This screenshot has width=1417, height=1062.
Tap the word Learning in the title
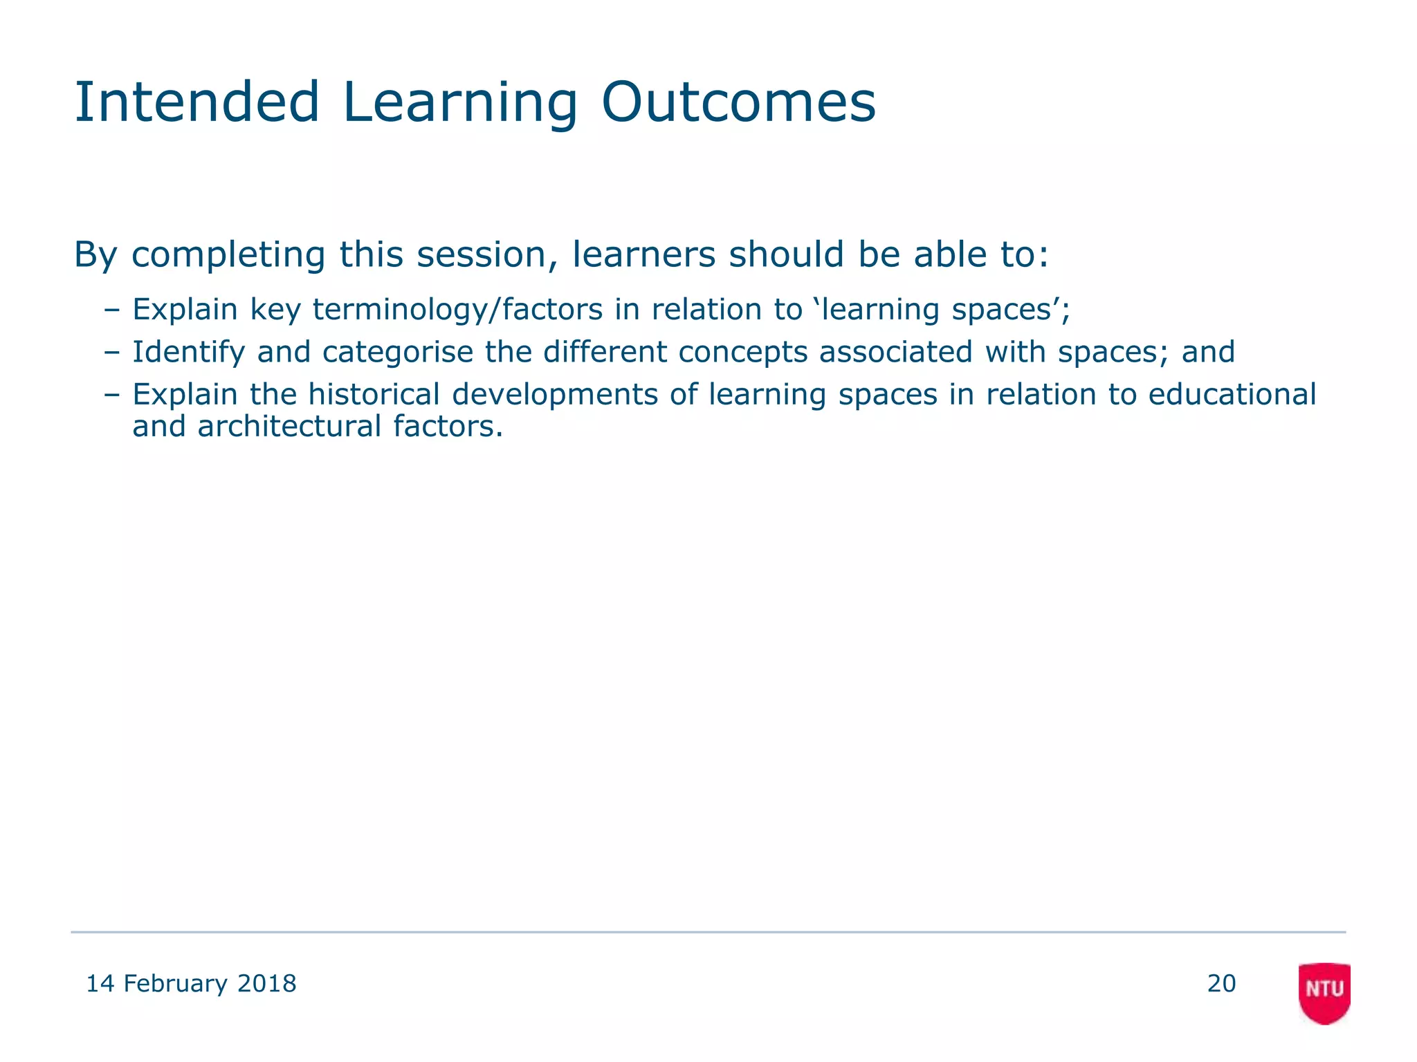[x=459, y=104]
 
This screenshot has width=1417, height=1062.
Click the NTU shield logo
[x=1324, y=991]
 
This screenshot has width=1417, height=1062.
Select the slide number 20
[x=1221, y=983]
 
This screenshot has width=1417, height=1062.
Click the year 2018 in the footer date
[x=266, y=983]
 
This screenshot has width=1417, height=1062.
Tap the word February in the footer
[x=175, y=983]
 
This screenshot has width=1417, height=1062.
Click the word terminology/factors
[x=457, y=310]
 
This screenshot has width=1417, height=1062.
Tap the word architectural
[x=289, y=426]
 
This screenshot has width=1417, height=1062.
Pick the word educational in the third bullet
[x=1232, y=394]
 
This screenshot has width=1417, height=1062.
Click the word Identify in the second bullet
[x=188, y=353]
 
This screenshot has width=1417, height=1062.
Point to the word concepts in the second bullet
[x=742, y=353]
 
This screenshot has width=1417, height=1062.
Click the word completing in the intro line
[x=228, y=256]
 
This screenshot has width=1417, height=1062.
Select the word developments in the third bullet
[x=555, y=395]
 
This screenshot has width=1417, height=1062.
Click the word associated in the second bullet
[x=896, y=352]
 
